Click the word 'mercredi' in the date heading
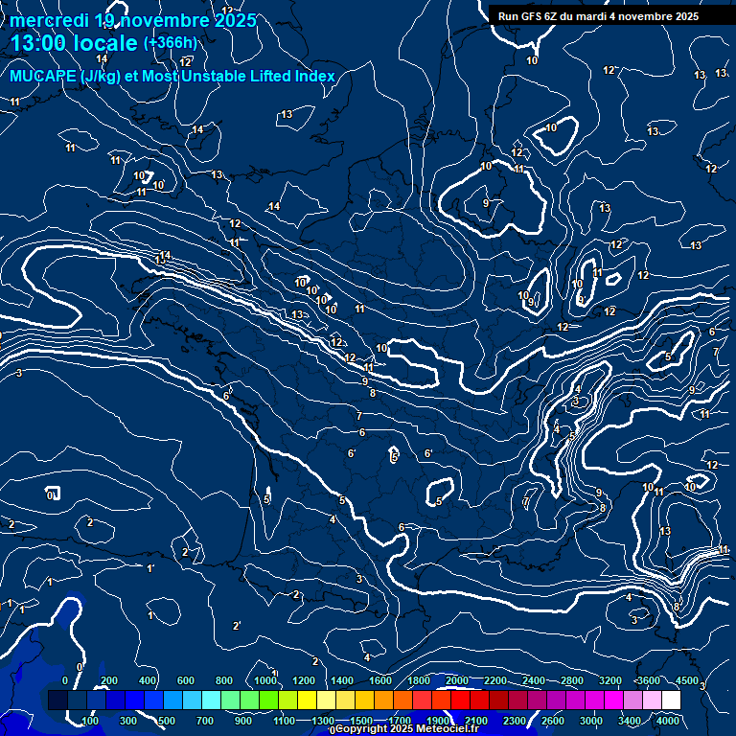tap(49, 20)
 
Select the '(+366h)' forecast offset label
tap(170, 42)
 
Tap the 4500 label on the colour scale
tap(687, 680)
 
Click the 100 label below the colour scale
tap(91, 721)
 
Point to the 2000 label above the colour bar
tap(457, 680)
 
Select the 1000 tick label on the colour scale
tap(264, 680)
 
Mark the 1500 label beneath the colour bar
tap(361, 721)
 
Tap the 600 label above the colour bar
tap(186, 680)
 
